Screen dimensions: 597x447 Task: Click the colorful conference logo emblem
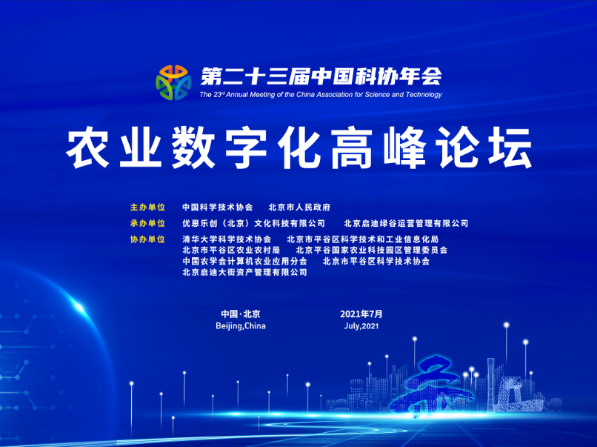pos(173,83)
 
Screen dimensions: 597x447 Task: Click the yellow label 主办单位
pos(147,208)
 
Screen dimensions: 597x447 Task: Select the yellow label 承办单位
pos(147,223)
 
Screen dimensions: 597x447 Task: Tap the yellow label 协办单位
pos(147,239)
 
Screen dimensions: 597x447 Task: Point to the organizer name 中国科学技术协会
pos(218,208)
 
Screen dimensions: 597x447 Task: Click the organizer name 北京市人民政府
pos(300,208)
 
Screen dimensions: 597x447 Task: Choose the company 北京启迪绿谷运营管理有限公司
pos(406,223)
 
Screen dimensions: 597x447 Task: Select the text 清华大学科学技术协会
pos(227,239)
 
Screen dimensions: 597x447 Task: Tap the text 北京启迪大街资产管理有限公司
pos(244,272)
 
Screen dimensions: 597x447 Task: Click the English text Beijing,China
pos(241,326)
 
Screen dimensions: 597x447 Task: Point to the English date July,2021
pos(361,326)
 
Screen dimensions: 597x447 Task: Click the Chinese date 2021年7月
pos(361,314)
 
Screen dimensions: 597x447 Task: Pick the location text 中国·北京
pos(241,314)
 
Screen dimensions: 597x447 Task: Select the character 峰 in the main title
pos(404,148)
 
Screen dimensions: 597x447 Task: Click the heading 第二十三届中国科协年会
pos(321,76)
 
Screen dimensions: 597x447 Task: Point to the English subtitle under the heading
pos(321,94)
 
